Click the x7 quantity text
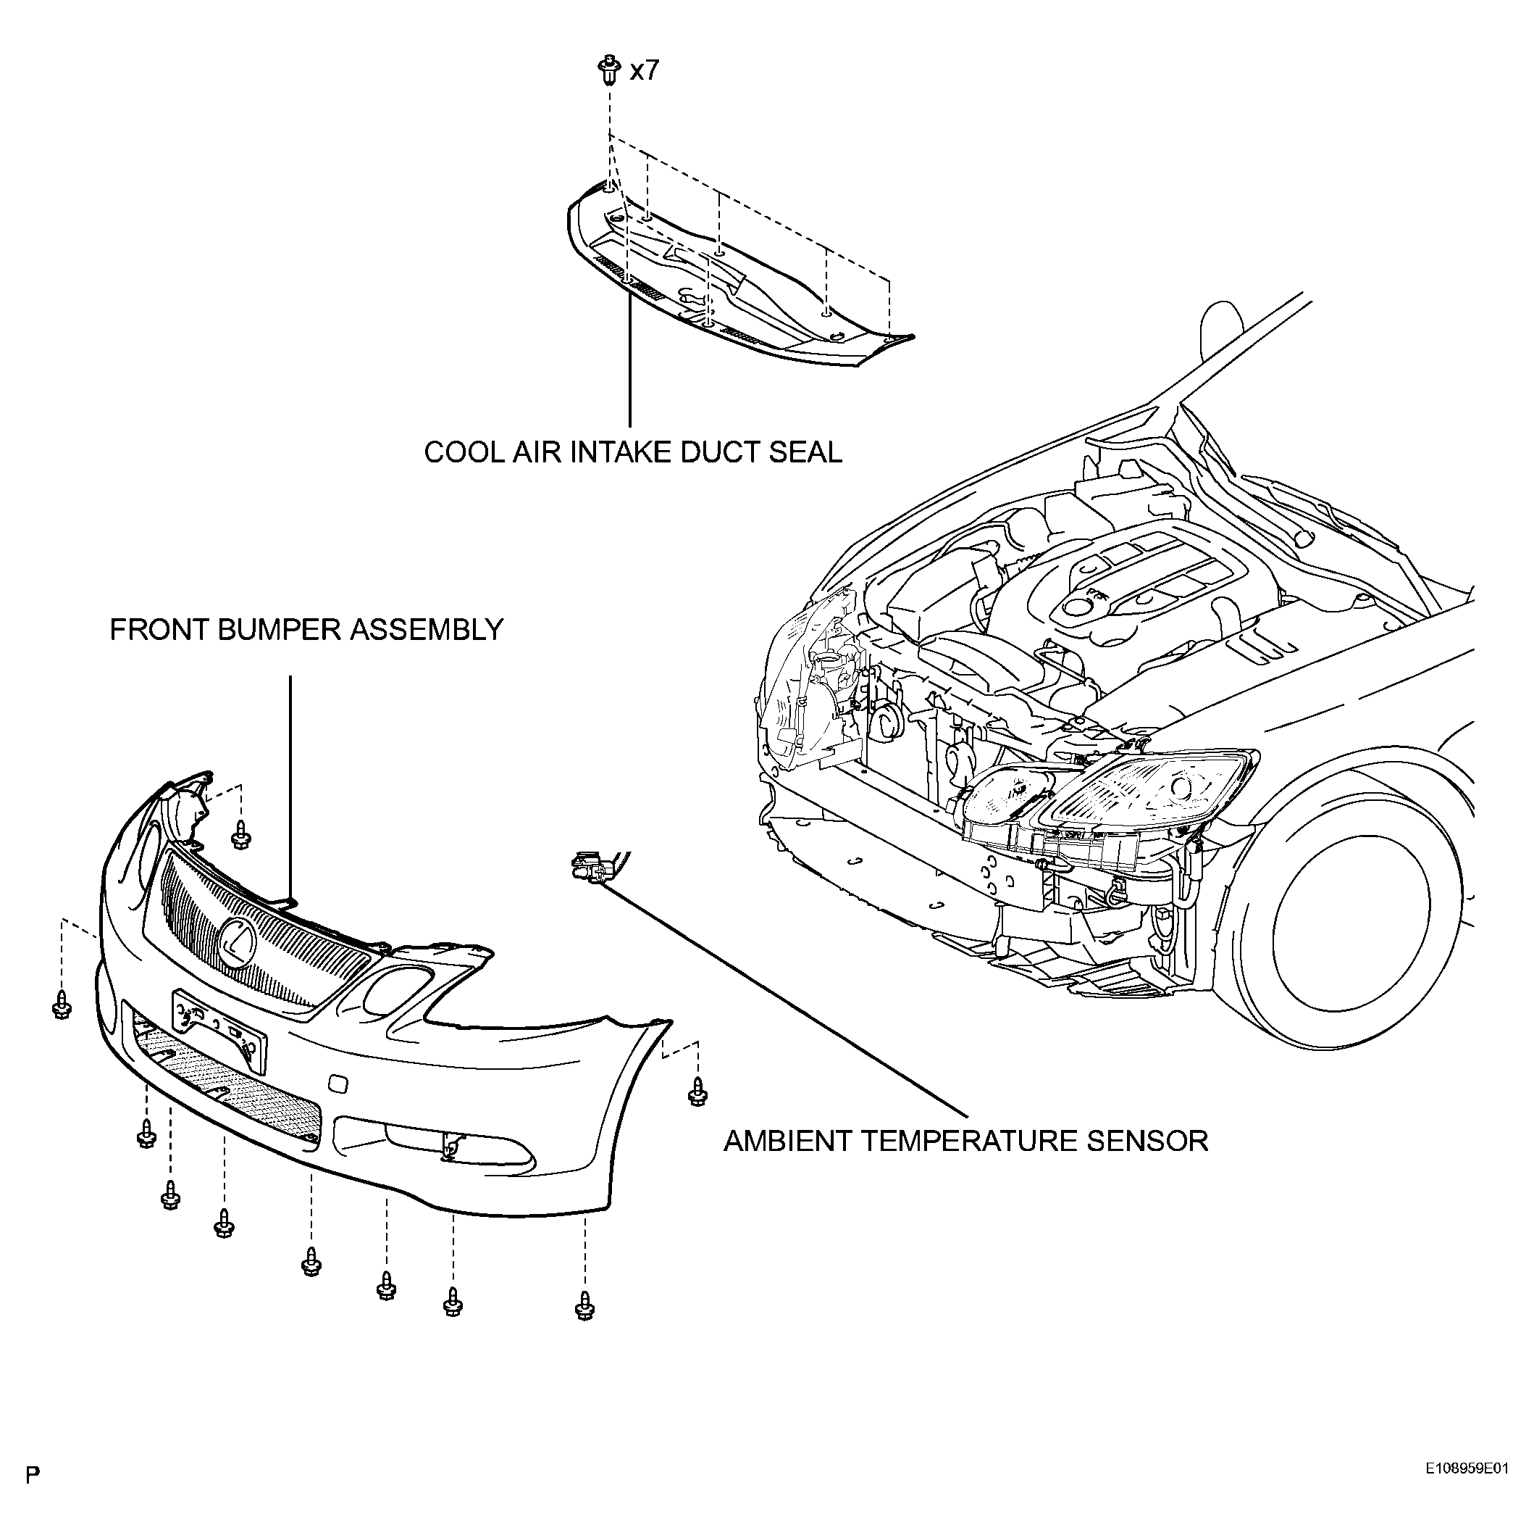tap(645, 71)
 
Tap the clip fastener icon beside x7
tap(608, 70)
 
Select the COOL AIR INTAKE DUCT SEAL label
tap(632, 452)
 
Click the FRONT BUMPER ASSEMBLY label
tap(306, 630)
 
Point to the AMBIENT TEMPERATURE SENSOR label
tap(966, 1141)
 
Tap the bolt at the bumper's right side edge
tap(697, 1091)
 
